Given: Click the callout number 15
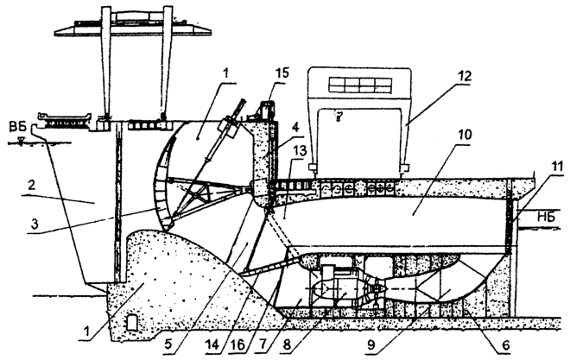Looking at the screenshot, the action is click(x=282, y=73).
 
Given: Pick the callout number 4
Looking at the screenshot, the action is click(x=296, y=128).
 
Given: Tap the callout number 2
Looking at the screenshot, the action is click(x=32, y=186).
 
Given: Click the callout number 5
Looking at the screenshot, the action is click(x=168, y=344).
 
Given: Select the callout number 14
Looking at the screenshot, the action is click(x=212, y=344).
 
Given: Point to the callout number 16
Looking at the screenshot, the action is click(x=239, y=344).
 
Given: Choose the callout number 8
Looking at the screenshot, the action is click(x=287, y=344).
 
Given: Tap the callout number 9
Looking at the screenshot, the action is click(x=371, y=344).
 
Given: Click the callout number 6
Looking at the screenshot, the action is click(x=505, y=345).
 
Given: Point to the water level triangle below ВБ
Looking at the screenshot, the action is click(x=22, y=140).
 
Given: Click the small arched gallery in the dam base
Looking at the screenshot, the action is click(x=131, y=323).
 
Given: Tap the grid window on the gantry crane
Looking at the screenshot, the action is click(x=360, y=85).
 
